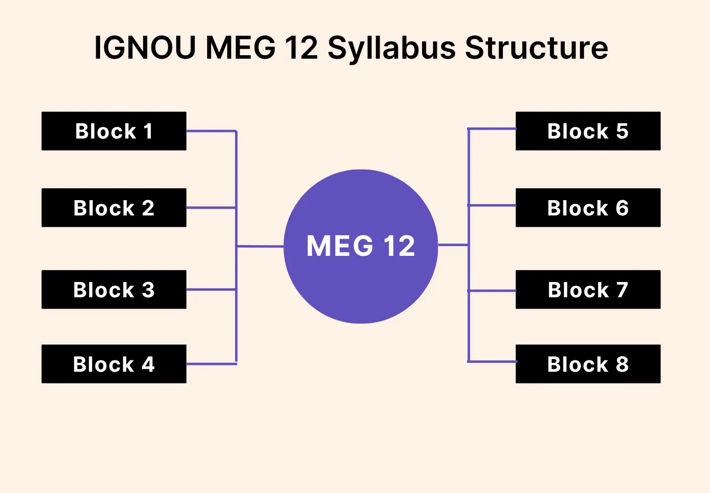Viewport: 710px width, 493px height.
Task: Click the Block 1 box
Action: tap(114, 131)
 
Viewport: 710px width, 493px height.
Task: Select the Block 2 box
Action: tap(114, 208)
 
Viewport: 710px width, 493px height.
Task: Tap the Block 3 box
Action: tap(114, 289)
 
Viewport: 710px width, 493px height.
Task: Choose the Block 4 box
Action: tap(114, 364)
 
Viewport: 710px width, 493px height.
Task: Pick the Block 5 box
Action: tap(588, 131)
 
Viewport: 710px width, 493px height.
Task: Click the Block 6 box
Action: tap(588, 208)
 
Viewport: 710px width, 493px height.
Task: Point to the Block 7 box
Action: tap(588, 289)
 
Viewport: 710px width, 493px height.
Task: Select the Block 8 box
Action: tap(588, 364)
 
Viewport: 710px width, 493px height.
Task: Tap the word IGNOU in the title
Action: tap(144, 48)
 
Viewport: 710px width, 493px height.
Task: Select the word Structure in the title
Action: tap(536, 48)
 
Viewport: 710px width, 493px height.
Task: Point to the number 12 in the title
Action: tap(301, 48)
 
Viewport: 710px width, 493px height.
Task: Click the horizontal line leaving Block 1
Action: tap(211, 131)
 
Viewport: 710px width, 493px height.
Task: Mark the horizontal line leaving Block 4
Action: tap(211, 364)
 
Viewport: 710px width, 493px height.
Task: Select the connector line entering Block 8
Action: tap(492, 361)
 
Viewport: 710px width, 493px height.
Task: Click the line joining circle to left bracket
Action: tap(260, 246)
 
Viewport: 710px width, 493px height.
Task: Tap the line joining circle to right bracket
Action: tap(453, 245)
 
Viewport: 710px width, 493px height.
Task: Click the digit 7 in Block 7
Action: tap(622, 290)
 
